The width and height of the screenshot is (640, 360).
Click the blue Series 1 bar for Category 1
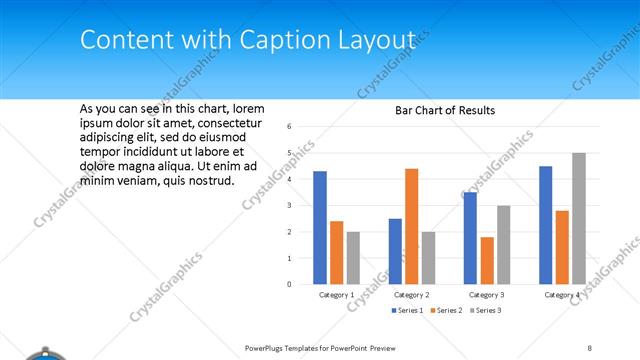[320, 228]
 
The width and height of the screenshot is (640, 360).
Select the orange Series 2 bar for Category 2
[411, 227]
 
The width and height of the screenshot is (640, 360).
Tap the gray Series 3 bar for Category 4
[579, 219]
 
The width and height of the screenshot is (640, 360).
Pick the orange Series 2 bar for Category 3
[486, 261]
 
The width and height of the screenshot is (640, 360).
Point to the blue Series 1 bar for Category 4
[545, 225]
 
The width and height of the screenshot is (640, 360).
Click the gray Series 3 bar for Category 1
[353, 258]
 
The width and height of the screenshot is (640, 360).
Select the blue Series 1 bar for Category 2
[395, 251]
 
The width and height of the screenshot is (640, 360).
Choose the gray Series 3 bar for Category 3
[503, 245]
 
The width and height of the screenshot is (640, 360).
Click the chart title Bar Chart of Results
[445, 110]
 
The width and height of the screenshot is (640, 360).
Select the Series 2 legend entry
[445, 311]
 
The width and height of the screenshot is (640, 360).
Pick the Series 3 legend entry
[486, 311]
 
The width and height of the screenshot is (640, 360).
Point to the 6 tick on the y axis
[288, 127]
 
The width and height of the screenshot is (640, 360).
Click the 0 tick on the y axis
[288, 284]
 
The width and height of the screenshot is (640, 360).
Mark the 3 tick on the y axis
[288, 205]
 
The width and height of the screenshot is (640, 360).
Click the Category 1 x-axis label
[336, 295]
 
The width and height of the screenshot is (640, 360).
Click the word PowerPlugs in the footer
[268, 346]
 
